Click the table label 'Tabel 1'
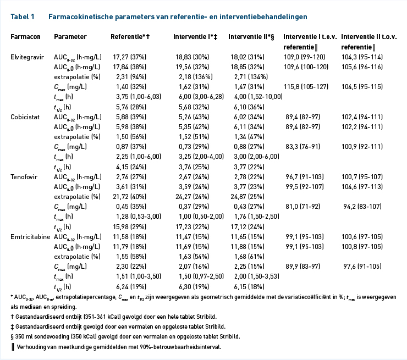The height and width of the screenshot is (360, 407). point(23,17)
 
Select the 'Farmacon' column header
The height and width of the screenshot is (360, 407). point(25,37)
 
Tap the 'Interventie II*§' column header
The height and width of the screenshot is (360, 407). point(251,37)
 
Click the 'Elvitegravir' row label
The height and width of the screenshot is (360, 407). point(28,57)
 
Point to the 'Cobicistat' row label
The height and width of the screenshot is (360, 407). point(25,117)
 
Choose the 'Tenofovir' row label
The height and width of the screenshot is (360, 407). point(24,177)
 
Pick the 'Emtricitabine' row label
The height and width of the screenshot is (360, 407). point(30,237)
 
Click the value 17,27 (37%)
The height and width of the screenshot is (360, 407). point(129,57)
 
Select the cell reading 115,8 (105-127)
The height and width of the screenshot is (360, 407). point(306,87)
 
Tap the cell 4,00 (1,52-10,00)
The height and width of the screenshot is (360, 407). point(258,97)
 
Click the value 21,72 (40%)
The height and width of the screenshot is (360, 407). point(129,197)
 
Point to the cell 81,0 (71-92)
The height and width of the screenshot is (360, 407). point(303,207)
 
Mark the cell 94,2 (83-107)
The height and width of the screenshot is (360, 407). point(362,207)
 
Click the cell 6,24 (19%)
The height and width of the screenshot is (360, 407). point(131,286)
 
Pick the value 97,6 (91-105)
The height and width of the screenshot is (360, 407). point(362,267)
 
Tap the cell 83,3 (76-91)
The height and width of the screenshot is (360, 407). point(303,147)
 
